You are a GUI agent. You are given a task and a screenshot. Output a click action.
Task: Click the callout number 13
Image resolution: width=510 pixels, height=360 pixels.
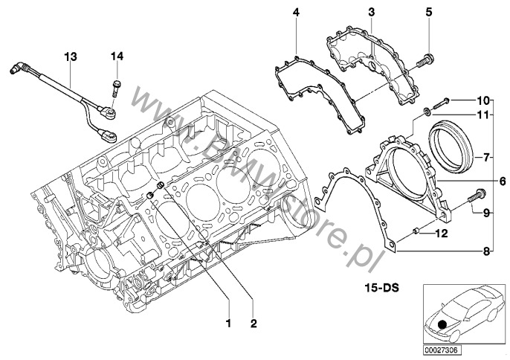[x=70, y=56]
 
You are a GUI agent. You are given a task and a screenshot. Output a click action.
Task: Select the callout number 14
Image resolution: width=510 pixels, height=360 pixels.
[x=118, y=56]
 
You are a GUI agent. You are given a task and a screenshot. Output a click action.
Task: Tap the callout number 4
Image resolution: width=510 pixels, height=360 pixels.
[x=296, y=13]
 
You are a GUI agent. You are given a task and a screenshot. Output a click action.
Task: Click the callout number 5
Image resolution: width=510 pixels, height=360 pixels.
[x=428, y=13]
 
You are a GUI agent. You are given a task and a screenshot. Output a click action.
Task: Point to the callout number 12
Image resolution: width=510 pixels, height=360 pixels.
[x=442, y=234]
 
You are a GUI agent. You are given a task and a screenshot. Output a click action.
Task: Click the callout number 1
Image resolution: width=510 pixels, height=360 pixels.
[x=229, y=324]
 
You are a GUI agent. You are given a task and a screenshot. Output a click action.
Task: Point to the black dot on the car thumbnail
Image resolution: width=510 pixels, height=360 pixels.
[x=443, y=324]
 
